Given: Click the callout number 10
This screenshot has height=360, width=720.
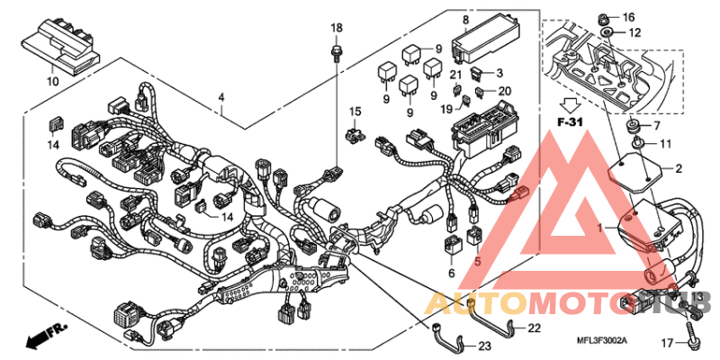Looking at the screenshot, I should [x=52, y=81].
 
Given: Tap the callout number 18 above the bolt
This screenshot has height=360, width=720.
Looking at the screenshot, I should [x=336, y=29].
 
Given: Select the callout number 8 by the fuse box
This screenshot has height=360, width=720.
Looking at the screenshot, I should [x=465, y=20].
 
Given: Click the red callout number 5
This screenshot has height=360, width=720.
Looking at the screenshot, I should [x=478, y=261].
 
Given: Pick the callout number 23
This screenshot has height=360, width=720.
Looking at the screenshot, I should [x=451, y=272].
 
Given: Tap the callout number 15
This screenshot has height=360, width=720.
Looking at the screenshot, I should [x=355, y=112].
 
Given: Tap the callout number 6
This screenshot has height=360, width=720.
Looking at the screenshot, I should [x=451, y=272].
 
